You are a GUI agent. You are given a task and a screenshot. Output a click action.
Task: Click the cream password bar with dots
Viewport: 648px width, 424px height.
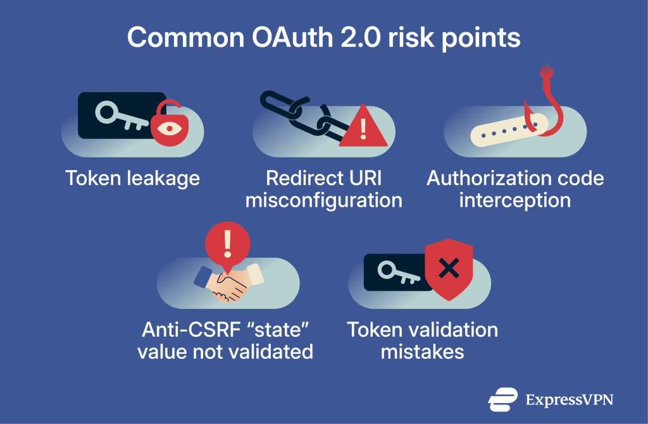pyautogui.click(x=506, y=130)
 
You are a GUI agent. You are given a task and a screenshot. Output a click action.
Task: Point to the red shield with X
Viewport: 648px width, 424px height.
pyautogui.click(x=449, y=269)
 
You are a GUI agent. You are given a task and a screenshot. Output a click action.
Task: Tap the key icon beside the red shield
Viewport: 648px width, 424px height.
pyautogui.click(x=396, y=272)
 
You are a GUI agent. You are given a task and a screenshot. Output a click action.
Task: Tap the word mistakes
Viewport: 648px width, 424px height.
pyautogui.click(x=422, y=351)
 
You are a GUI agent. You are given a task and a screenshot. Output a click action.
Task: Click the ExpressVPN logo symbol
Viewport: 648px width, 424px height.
pyautogui.click(x=502, y=399)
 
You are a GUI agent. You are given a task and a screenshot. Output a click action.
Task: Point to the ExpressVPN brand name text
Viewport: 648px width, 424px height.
pyautogui.click(x=569, y=400)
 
